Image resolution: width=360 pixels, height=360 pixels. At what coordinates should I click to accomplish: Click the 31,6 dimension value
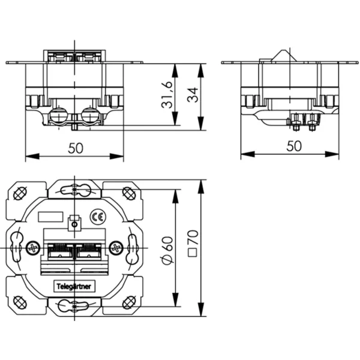(x=167, y=95)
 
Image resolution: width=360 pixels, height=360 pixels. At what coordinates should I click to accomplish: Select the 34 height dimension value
(x=193, y=95)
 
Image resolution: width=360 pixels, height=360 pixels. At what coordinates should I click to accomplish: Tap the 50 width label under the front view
(x=76, y=148)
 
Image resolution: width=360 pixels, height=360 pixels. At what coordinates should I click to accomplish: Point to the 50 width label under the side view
(x=294, y=146)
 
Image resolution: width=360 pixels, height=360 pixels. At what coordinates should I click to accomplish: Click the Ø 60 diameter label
(x=167, y=250)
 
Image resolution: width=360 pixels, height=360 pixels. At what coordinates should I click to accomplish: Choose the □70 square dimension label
(x=193, y=243)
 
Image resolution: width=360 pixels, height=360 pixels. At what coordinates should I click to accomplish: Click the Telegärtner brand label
(x=74, y=286)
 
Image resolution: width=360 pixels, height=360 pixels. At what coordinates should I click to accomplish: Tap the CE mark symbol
(x=98, y=217)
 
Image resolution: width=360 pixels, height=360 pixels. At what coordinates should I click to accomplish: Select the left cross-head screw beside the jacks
(x=34, y=248)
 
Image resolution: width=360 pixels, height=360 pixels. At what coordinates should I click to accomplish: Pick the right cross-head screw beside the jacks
(x=116, y=248)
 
